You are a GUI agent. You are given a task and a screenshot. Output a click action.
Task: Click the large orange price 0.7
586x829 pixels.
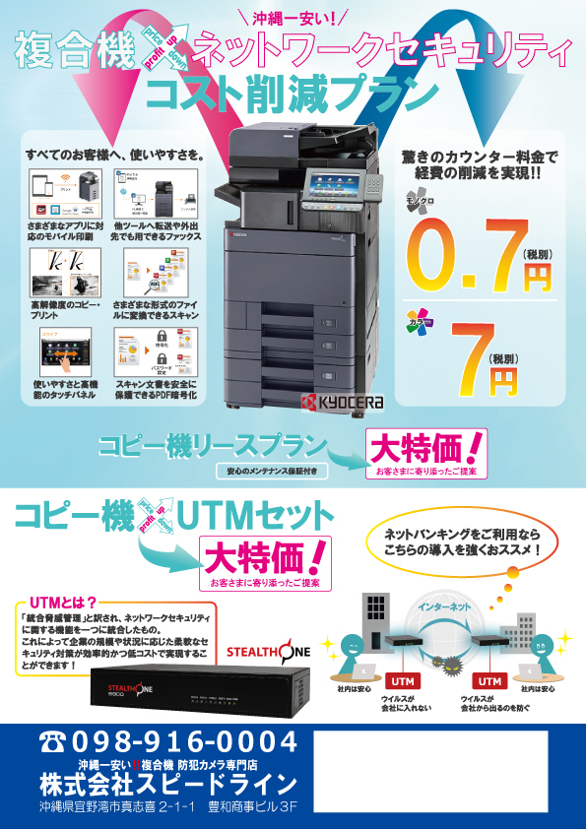pyautogui.click(x=458, y=255)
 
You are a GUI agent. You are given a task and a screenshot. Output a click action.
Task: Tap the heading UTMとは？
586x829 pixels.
pyautogui.click(x=65, y=602)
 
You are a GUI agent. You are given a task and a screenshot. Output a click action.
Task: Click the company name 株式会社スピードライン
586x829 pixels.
pyautogui.click(x=167, y=784)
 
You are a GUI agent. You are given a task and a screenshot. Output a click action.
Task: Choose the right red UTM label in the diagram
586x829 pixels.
pyautogui.click(x=489, y=680)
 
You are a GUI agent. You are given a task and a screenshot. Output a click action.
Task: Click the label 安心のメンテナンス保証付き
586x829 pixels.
pyautogui.click(x=270, y=471)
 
